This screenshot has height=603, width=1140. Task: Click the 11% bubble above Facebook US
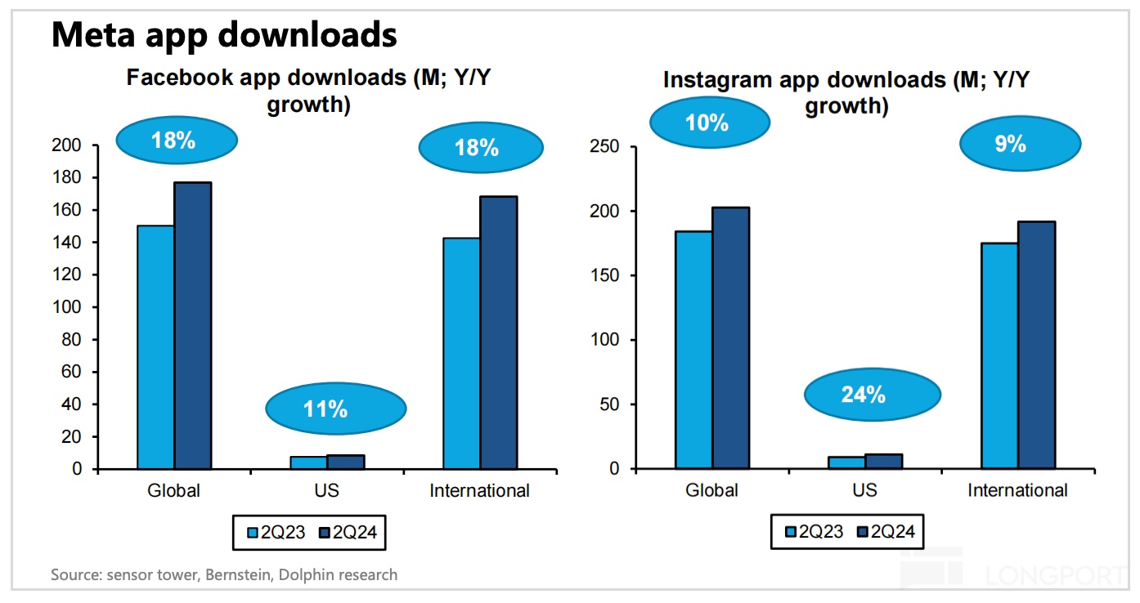(325, 408)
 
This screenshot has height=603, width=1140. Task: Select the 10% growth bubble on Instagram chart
(708, 123)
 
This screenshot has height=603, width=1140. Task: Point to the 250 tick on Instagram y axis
(602, 147)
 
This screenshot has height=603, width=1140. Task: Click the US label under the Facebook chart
(325, 491)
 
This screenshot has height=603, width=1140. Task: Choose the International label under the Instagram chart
(1017, 491)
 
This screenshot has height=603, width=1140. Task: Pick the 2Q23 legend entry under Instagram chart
(814, 533)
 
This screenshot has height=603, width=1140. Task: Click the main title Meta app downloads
(224, 35)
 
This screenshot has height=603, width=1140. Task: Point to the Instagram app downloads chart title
(846, 93)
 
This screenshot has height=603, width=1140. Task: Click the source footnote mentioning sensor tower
(224, 575)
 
